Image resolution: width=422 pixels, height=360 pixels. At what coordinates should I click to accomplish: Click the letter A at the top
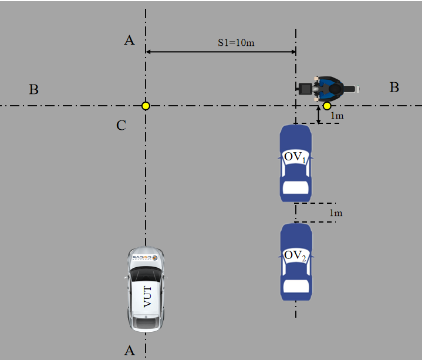[130, 40]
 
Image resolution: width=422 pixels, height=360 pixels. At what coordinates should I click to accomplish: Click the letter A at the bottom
[130, 350]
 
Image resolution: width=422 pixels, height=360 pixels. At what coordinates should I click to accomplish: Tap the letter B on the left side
[34, 90]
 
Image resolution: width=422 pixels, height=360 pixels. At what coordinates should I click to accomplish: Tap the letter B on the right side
[394, 88]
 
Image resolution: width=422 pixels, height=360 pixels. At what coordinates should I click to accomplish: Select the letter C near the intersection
[121, 125]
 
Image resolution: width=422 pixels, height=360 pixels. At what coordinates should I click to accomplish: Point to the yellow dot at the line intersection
[146, 106]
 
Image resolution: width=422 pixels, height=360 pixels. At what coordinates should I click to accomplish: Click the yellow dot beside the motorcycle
[327, 106]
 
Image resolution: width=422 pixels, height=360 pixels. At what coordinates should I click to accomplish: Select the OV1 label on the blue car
[295, 157]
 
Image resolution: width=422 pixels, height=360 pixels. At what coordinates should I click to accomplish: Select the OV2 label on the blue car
[295, 255]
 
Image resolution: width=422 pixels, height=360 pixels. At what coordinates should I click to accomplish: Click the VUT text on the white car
[147, 296]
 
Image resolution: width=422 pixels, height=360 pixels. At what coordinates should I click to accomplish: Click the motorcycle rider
[328, 89]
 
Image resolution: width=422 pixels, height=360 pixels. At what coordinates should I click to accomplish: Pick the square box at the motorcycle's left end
[305, 89]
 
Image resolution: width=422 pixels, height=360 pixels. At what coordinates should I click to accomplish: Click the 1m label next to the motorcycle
[337, 116]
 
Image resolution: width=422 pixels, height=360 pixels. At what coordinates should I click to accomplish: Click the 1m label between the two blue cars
[336, 213]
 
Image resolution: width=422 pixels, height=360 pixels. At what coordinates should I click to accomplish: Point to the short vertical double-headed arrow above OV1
[318, 115]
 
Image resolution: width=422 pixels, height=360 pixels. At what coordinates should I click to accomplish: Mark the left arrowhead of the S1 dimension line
[148, 52]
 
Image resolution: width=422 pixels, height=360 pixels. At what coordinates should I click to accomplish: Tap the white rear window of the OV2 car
[295, 286]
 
